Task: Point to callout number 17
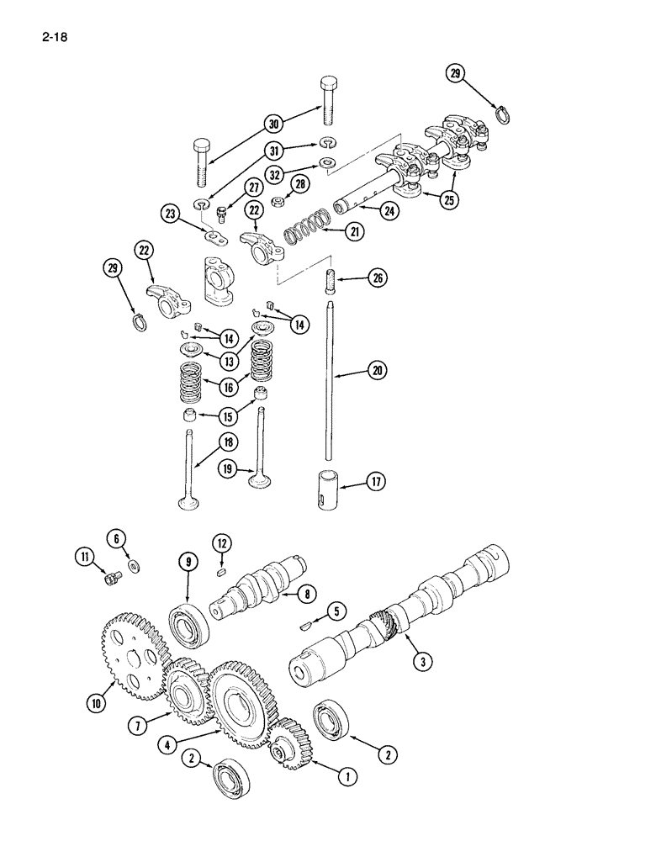[x=375, y=482]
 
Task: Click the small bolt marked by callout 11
[x=109, y=576]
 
